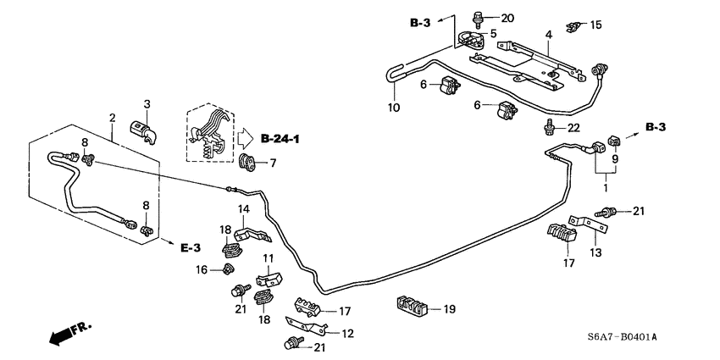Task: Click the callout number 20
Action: coord(507,18)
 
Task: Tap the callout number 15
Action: coord(596,25)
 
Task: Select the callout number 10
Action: coord(392,107)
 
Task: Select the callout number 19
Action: coord(449,309)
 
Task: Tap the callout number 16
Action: coord(202,270)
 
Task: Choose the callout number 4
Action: coord(548,35)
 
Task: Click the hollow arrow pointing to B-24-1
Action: coord(245,137)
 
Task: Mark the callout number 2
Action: coord(111,117)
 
